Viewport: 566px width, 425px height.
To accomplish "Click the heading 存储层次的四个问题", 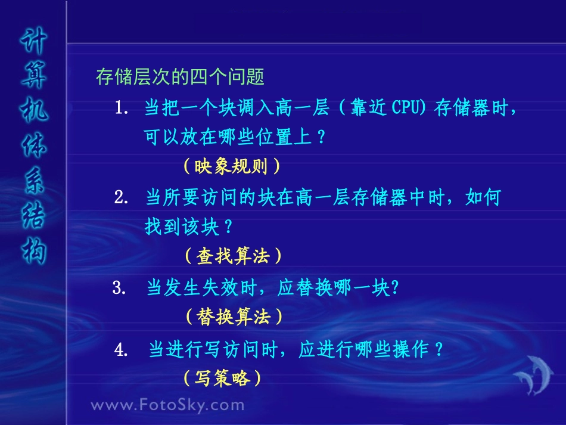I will (x=180, y=77).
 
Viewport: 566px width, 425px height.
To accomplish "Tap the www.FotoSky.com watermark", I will (x=167, y=405).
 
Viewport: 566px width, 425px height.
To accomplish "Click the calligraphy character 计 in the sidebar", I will (x=34, y=44).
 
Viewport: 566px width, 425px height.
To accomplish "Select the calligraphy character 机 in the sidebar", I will (x=34, y=110).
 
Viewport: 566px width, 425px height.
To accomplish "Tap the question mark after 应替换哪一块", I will (x=393, y=288).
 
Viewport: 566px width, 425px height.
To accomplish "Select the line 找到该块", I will (x=188, y=227).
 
